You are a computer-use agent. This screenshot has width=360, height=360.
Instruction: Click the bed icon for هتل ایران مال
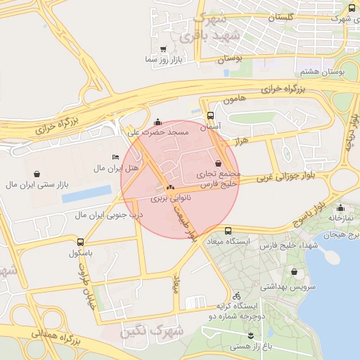click(x=115, y=157)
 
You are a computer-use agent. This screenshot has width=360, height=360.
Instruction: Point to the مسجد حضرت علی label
click(x=157, y=132)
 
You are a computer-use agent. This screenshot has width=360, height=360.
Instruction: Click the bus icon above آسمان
click(x=211, y=116)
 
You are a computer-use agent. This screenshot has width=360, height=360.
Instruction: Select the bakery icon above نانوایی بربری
click(x=169, y=188)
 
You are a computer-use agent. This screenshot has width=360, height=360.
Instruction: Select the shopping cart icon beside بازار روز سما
click(x=163, y=50)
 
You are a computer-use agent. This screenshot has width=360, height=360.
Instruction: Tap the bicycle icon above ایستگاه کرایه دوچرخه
click(x=237, y=295)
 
